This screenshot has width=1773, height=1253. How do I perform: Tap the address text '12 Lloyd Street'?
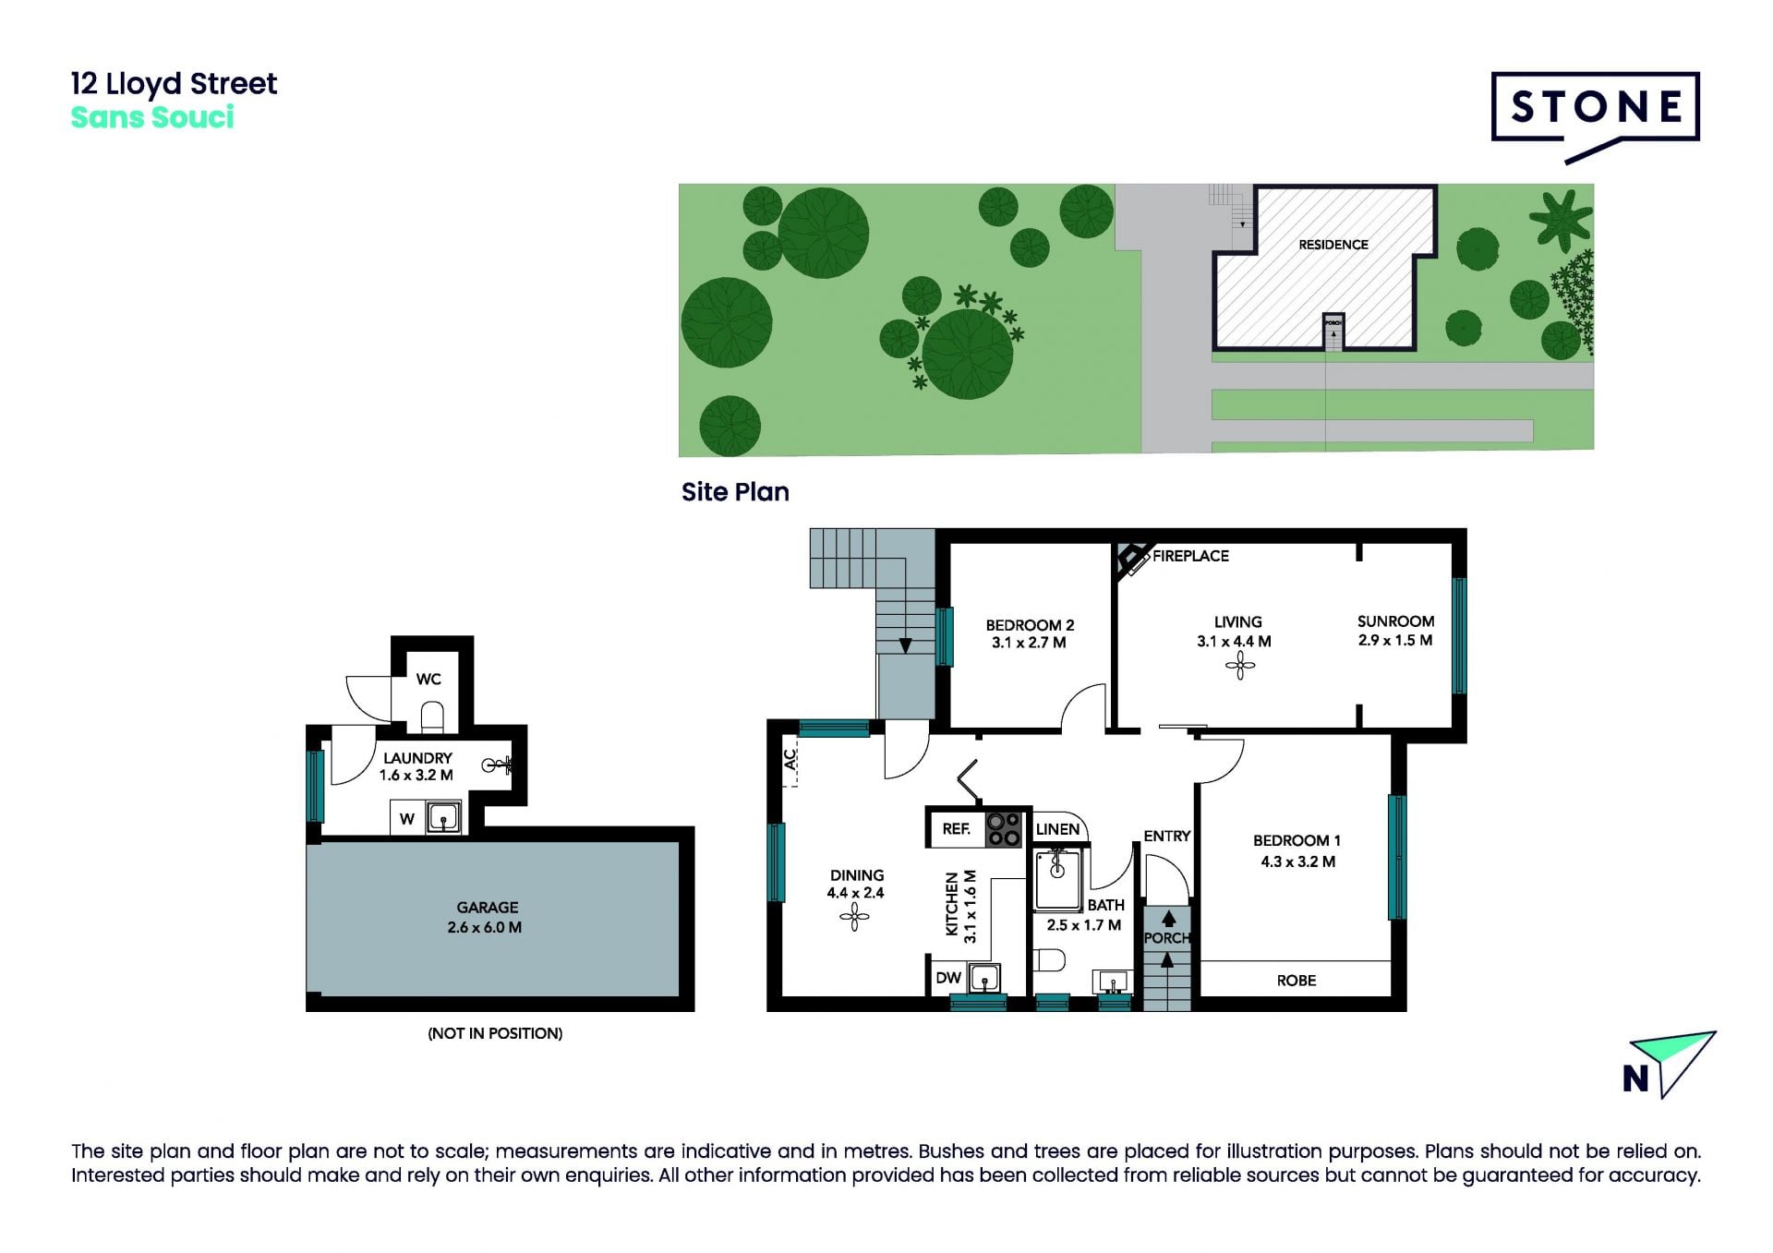(174, 85)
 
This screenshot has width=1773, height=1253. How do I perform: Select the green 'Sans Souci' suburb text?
(152, 118)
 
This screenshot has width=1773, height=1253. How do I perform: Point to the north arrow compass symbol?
(1670, 1065)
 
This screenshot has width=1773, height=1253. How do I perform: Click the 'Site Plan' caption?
(735, 492)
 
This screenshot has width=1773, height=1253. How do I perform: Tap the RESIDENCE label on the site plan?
(1333, 245)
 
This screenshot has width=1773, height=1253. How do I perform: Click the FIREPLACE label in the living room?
(1190, 556)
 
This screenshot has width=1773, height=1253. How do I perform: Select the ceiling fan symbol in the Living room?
(1240, 666)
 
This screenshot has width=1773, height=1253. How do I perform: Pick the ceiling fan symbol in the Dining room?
(854, 916)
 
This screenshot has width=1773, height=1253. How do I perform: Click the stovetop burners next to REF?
(1003, 829)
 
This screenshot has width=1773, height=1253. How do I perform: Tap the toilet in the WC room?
(432, 716)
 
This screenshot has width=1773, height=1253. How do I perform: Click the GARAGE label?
(488, 908)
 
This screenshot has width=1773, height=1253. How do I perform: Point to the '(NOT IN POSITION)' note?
(495, 1033)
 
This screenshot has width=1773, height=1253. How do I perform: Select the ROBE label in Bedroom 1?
(1297, 981)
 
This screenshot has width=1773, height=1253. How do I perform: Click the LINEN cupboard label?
(1057, 829)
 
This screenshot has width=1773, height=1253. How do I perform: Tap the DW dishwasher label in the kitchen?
(948, 978)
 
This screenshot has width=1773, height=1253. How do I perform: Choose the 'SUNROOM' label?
(1395, 621)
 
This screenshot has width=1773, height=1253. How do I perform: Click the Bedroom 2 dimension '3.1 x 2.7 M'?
(1029, 643)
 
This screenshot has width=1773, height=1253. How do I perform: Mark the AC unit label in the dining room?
(790, 759)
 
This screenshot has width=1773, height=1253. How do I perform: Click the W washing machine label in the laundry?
(406, 819)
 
